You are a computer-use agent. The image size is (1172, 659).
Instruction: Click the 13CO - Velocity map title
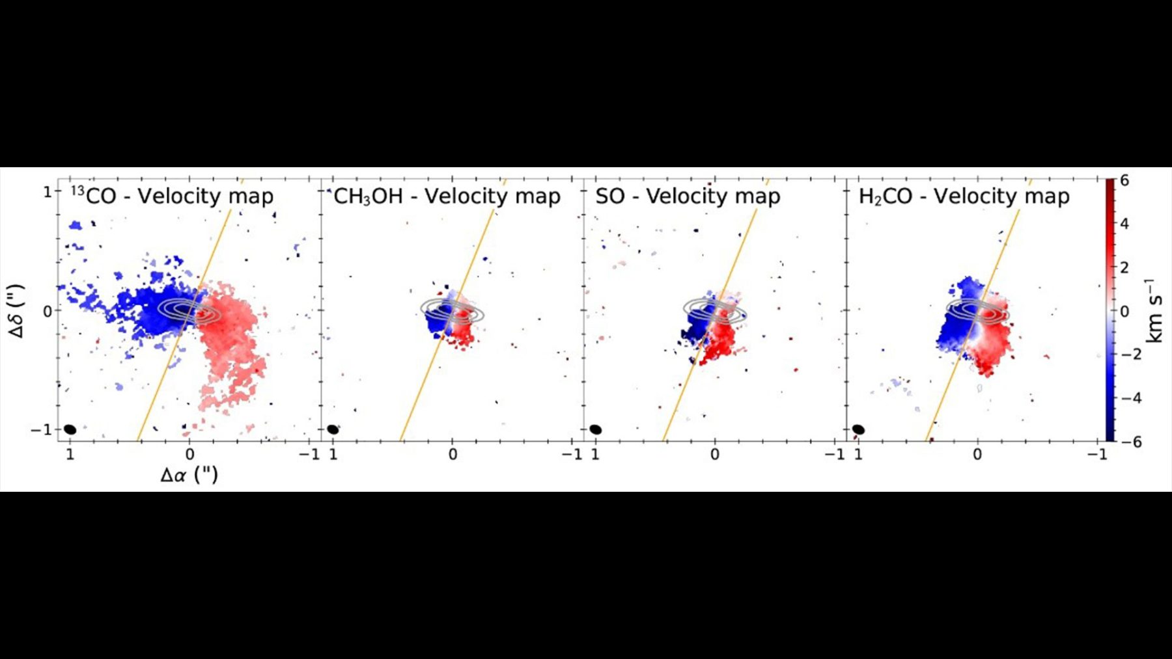tap(173, 196)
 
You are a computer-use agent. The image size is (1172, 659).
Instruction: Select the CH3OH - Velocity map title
tap(447, 196)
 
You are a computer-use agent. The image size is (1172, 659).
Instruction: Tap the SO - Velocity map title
tap(688, 196)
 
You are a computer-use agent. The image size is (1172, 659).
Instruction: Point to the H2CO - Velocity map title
tap(964, 196)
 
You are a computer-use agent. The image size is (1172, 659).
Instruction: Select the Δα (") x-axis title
tap(189, 474)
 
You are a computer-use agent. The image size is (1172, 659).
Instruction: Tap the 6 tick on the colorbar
tap(1124, 180)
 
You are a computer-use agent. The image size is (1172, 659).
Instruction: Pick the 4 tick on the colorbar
tap(1124, 224)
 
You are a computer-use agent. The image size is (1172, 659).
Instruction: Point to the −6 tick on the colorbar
tap(1130, 442)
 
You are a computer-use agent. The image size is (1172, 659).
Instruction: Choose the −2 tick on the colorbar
tap(1130, 355)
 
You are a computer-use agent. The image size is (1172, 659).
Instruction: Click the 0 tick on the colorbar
tap(1124, 311)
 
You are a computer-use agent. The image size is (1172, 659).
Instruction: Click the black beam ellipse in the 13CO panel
tap(70, 429)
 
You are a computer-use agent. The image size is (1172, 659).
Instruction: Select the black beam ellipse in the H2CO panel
tap(858, 429)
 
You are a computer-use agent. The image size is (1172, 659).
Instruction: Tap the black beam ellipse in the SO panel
tap(595, 429)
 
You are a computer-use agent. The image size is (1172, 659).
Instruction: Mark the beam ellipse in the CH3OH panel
tap(333, 429)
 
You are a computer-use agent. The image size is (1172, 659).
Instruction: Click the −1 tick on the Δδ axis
tap(41, 430)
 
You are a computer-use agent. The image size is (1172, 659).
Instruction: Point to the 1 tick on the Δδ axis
tap(47, 192)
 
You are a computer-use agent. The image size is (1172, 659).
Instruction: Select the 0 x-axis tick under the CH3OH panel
tap(453, 454)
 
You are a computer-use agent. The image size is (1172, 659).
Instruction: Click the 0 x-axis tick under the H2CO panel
tap(977, 454)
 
